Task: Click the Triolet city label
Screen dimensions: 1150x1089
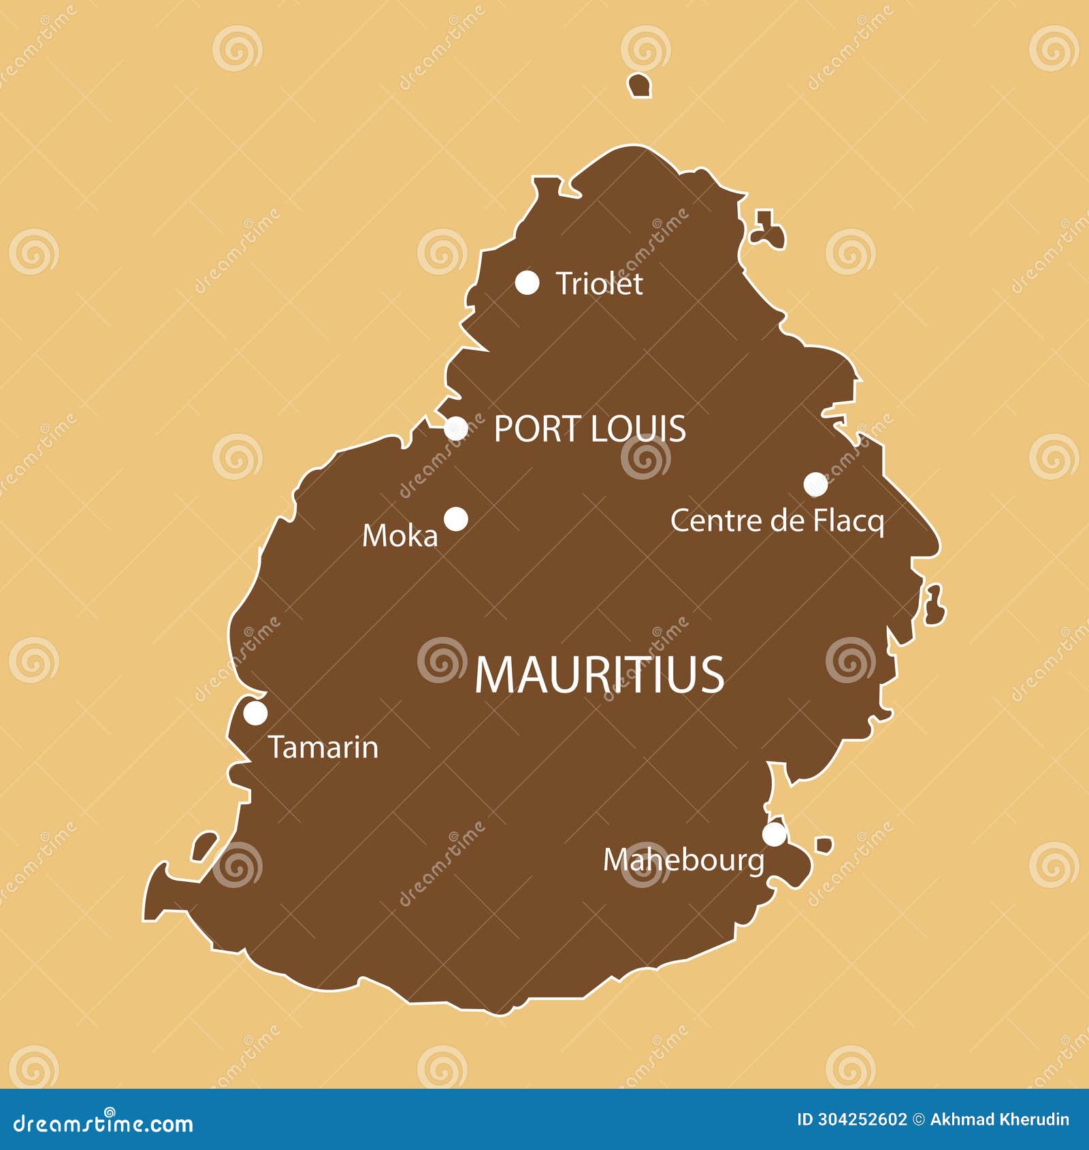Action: [599, 284]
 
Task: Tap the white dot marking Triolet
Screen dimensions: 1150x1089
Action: [527, 282]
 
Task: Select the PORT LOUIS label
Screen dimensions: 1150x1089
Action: [589, 429]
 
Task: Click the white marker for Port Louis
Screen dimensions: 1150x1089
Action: [456, 429]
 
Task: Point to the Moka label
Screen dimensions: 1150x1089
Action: [400, 536]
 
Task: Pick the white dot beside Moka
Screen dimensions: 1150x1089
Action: [456, 519]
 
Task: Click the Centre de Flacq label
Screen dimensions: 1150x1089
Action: [777, 521]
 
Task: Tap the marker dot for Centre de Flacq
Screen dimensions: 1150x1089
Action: [815, 484]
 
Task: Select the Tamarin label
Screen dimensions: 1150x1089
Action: [323, 747]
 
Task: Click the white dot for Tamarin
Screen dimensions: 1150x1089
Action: [255, 713]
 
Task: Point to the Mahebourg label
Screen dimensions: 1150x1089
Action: [683, 861]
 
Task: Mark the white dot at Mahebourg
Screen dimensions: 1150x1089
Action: [774, 834]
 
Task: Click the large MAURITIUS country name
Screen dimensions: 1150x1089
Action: [599, 675]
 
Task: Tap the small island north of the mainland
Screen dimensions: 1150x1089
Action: [639, 86]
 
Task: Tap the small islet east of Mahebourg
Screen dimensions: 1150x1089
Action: [824, 845]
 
